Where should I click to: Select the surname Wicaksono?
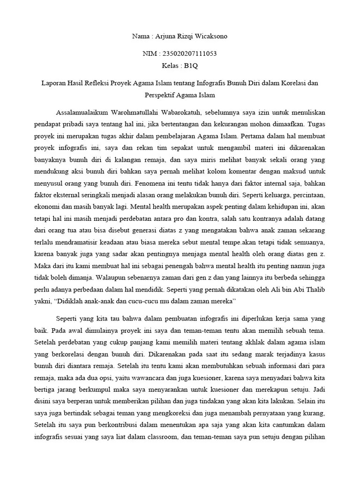pos(209,36)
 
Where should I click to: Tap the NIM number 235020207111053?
pos(187,54)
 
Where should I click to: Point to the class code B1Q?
pos(191,66)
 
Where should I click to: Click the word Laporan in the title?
pos(55,83)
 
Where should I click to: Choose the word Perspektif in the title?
pos(162,95)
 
